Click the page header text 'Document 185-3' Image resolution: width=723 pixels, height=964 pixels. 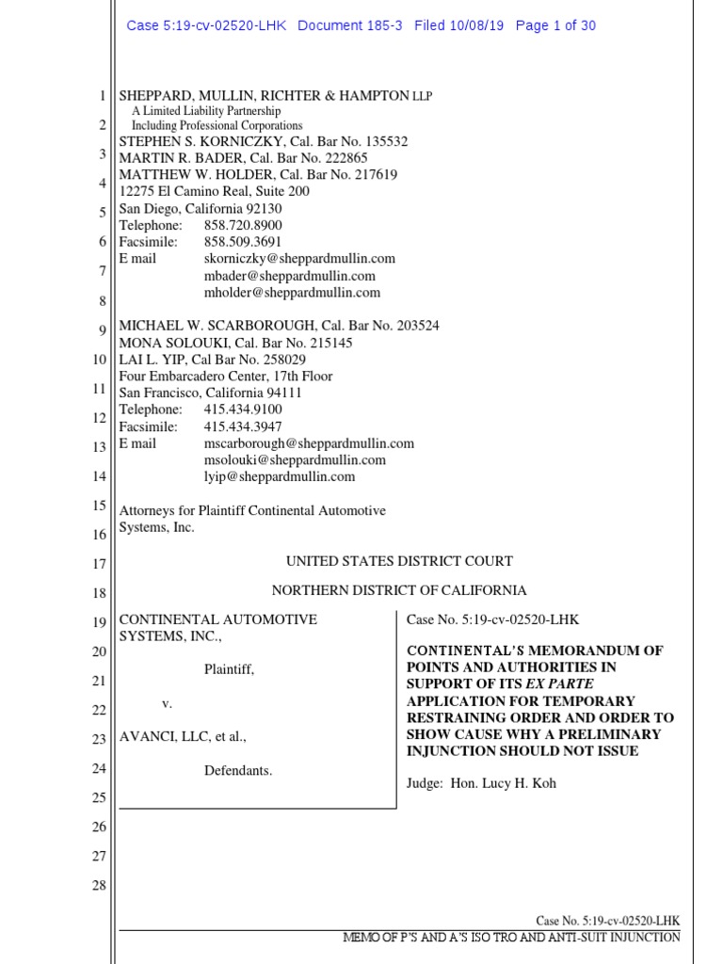tap(349, 25)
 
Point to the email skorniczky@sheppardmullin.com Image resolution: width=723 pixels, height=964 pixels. tap(299, 258)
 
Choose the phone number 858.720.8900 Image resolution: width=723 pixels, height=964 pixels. tap(243, 225)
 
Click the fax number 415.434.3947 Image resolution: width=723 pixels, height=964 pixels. tap(243, 426)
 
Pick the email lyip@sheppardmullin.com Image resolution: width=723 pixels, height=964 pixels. tap(280, 476)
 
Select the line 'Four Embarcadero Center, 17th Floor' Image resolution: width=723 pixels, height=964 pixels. tap(225, 377)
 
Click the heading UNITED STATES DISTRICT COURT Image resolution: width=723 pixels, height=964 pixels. tap(399, 561)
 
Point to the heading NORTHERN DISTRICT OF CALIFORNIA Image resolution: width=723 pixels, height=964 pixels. tap(399, 590)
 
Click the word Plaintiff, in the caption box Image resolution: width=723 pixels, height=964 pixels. tap(230, 670)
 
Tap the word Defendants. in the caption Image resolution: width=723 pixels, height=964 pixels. tap(238, 770)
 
